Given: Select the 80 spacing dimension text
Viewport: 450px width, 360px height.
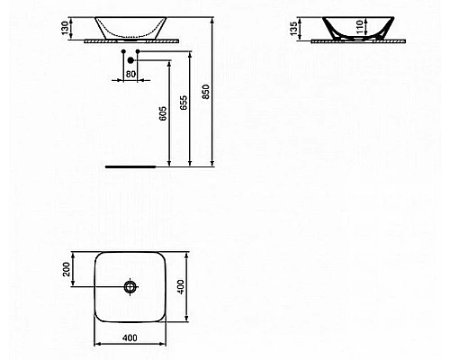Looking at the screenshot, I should (x=131, y=74).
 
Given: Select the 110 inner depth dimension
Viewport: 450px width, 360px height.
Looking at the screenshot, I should (x=362, y=27).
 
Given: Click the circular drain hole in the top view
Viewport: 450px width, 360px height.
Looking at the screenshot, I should (x=130, y=287).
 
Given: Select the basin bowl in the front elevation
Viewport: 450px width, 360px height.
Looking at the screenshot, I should (x=130, y=26).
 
